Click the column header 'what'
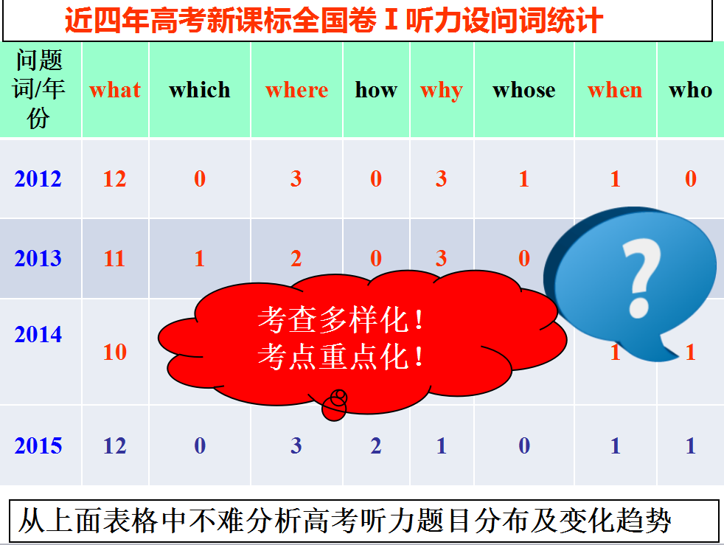coord(115,90)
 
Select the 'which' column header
coord(200,90)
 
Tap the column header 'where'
coord(297,90)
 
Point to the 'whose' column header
coord(524,90)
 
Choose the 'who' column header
coord(690,90)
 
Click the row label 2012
coord(38,178)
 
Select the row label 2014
coord(38,334)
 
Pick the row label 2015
coord(38,445)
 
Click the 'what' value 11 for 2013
coord(114,258)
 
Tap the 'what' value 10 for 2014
coord(114,352)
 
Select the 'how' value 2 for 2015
coord(376,445)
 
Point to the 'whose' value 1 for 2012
coord(523,178)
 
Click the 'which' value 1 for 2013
coord(200,258)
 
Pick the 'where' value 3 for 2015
coord(296,445)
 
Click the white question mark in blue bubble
coord(641,277)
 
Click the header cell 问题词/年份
coord(38,89)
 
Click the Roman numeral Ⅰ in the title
coord(391,20)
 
